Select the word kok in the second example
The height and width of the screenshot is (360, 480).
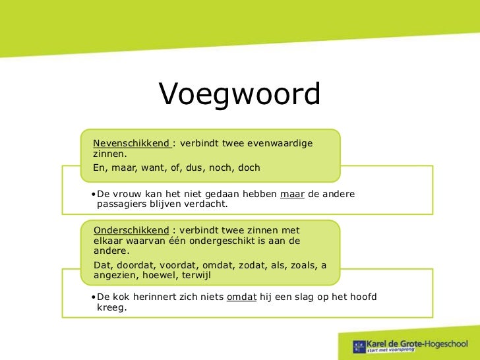(x=122, y=297)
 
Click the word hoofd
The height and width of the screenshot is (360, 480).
(x=362, y=297)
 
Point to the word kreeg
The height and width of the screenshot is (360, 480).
(x=111, y=307)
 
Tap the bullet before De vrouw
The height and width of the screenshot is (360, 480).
(x=93, y=194)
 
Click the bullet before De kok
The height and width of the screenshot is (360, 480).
(x=93, y=297)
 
